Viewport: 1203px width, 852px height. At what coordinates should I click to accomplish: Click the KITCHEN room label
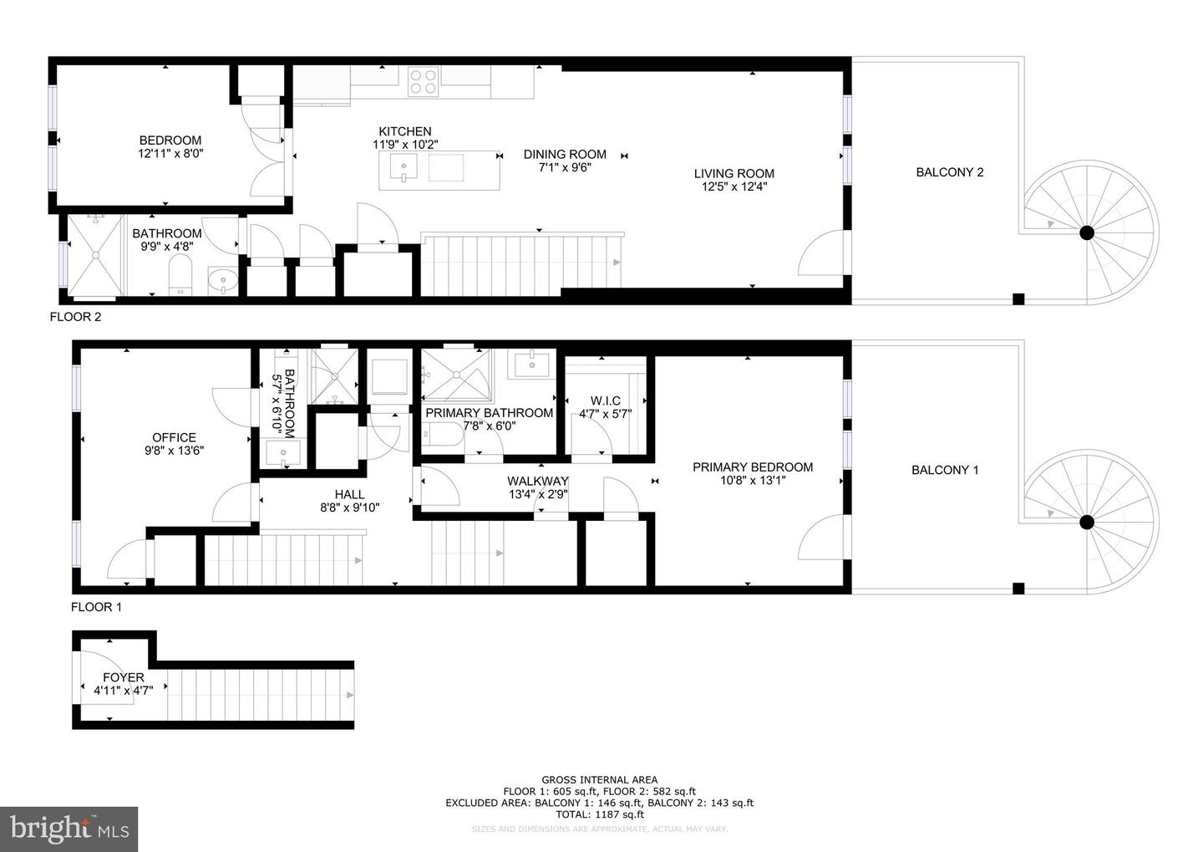[x=405, y=131]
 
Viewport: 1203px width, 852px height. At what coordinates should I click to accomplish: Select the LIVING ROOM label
[x=733, y=174]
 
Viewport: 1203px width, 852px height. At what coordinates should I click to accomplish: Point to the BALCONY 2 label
[x=949, y=172]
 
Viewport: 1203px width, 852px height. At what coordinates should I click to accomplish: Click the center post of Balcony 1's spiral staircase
[x=1086, y=523]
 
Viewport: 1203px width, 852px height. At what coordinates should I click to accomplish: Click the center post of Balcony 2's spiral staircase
[x=1086, y=233]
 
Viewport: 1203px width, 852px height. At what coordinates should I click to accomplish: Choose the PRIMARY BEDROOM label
[x=752, y=467]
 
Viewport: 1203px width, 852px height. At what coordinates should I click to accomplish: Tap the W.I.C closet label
[x=605, y=401]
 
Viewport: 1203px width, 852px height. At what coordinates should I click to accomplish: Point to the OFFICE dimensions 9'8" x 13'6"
[x=174, y=450]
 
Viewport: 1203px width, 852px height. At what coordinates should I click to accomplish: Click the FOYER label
[x=123, y=677]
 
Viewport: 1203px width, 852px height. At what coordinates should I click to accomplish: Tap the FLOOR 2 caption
[x=75, y=317]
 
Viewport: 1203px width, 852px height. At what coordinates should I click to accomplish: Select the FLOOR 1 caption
[x=96, y=607]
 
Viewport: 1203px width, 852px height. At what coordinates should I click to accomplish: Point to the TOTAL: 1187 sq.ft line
[x=599, y=814]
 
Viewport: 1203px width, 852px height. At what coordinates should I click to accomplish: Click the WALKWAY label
[x=537, y=481]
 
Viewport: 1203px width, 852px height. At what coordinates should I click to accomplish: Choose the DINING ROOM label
[x=565, y=154]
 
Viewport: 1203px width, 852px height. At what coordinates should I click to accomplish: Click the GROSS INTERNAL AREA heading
[x=599, y=779]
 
